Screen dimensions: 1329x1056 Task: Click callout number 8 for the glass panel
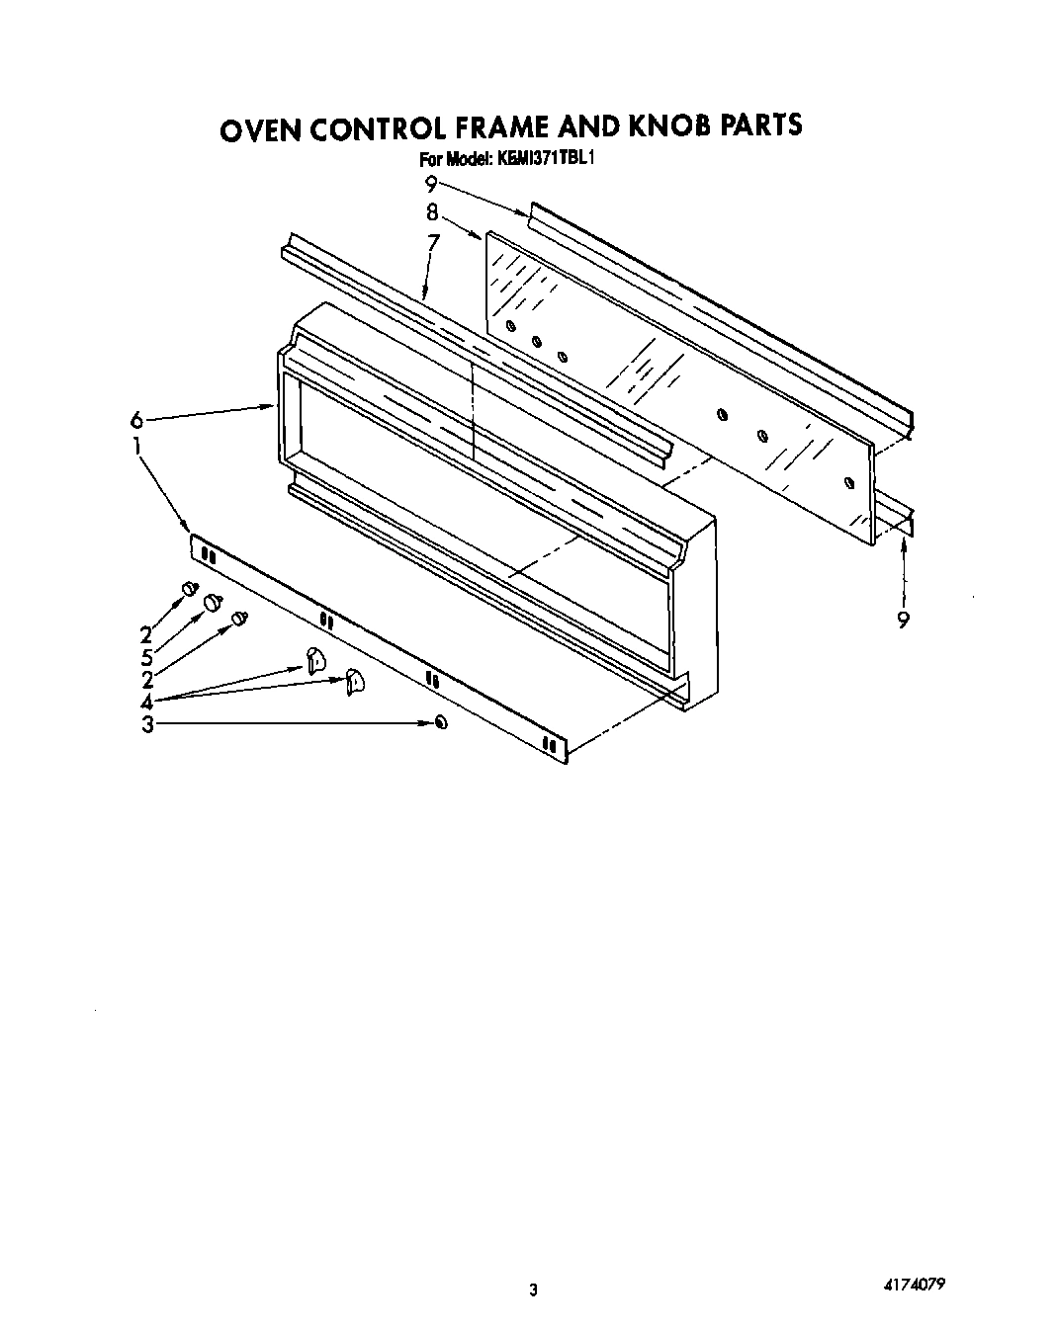click(432, 210)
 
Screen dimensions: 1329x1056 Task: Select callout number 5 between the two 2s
click(146, 657)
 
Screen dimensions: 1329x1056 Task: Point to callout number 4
click(146, 702)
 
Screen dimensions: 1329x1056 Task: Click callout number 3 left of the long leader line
click(146, 725)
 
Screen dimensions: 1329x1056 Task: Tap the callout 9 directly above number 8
click(431, 183)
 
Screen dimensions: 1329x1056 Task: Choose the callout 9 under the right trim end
click(903, 620)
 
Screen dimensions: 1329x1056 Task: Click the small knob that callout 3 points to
click(440, 723)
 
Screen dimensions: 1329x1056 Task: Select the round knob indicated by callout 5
click(212, 603)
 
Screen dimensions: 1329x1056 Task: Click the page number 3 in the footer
click(533, 1289)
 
